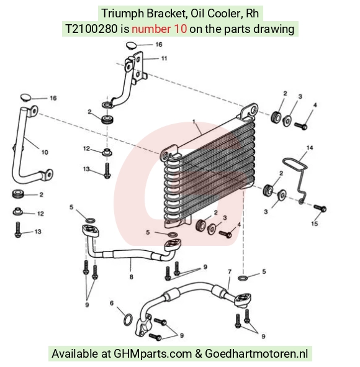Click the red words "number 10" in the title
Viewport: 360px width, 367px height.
(x=159, y=29)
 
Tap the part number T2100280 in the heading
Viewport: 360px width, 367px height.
(x=91, y=29)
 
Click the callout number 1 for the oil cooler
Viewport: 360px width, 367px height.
(x=194, y=122)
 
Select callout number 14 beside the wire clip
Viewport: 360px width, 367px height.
(x=310, y=148)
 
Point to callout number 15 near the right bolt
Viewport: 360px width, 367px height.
(x=315, y=224)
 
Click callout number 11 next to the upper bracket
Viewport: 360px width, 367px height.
(x=164, y=58)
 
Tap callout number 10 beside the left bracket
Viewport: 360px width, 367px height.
(x=45, y=152)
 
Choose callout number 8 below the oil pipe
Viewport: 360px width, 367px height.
(x=131, y=277)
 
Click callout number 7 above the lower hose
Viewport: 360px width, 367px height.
(x=230, y=272)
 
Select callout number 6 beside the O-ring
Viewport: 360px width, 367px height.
(x=112, y=303)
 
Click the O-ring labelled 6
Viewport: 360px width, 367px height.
(x=128, y=319)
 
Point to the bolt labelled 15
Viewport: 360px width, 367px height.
(x=320, y=208)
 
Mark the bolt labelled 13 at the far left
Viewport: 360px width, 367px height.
(x=18, y=230)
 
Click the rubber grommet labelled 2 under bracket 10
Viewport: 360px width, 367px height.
(x=18, y=194)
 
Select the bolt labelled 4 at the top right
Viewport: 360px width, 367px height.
(x=300, y=126)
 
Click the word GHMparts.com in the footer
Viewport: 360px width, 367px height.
(x=153, y=354)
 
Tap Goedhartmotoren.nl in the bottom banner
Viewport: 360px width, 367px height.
(x=256, y=353)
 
